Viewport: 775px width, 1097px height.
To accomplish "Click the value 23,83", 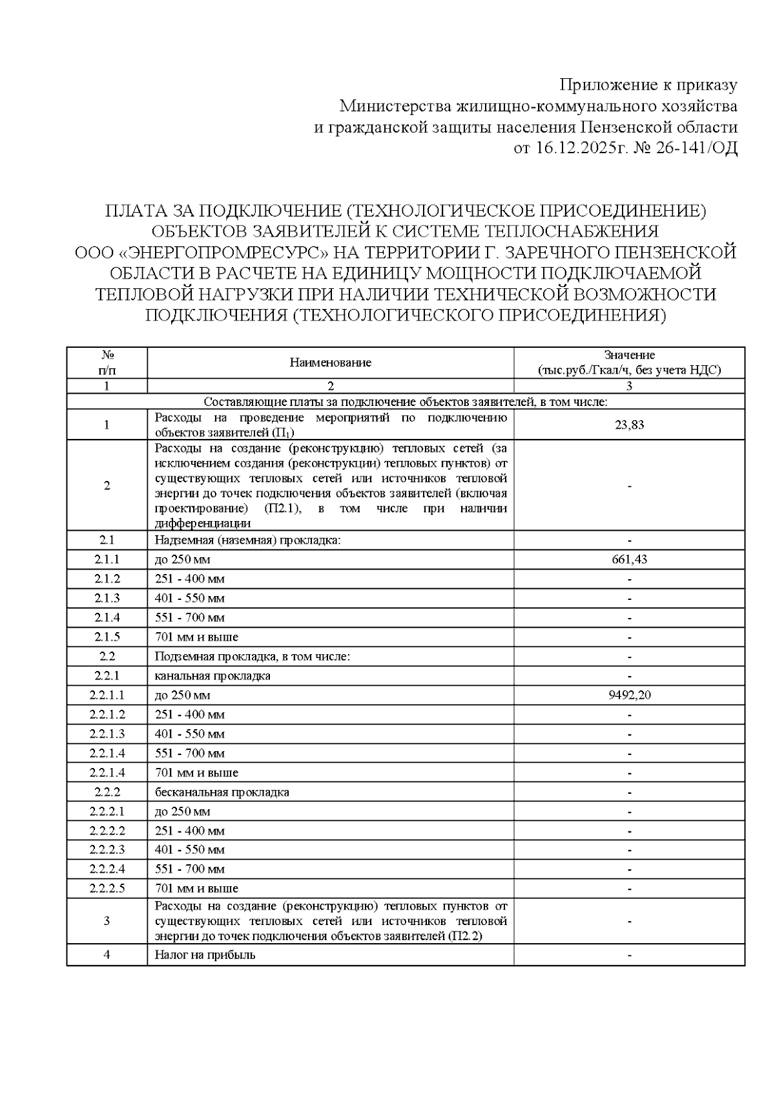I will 629,425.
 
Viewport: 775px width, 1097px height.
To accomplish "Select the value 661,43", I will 629,559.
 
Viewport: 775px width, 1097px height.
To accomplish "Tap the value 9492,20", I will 629,695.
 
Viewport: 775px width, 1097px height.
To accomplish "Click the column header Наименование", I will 330,363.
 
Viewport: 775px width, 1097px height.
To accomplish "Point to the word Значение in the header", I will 629,355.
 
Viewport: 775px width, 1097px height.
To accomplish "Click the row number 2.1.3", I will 107,598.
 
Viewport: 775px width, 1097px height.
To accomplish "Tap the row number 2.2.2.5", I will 107,888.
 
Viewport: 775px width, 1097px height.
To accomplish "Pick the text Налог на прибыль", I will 205,955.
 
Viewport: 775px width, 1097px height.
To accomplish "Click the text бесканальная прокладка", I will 222,792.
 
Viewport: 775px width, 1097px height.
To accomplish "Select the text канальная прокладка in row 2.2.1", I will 212,676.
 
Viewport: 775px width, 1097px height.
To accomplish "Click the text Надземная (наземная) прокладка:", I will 247,540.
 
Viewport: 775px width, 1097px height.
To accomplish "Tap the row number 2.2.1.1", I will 107,695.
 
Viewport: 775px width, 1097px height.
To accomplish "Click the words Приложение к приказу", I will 648,85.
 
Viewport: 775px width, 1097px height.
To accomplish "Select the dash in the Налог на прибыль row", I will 629,955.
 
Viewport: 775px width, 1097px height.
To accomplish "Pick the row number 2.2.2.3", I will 107,849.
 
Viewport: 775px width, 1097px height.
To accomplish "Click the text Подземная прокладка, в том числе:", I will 253,656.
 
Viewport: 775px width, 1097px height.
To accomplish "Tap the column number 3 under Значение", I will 629,386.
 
